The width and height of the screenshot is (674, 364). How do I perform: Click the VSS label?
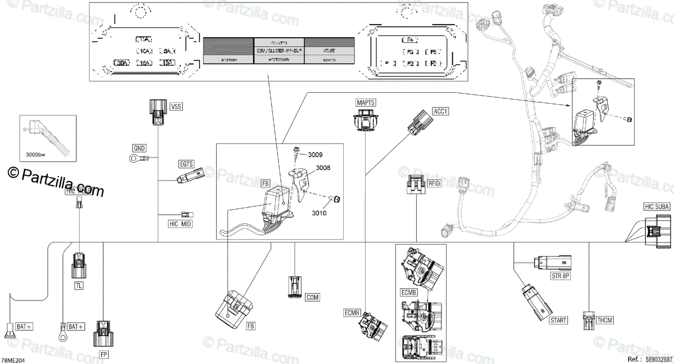coord(176,106)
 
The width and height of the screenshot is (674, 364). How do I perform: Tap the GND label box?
coord(139,149)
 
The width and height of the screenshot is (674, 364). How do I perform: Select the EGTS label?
coord(186,164)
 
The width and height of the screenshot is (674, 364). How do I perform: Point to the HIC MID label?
coord(165,224)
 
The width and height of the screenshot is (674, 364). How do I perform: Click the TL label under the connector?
coord(79,286)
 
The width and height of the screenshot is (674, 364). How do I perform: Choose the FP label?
coord(104,354)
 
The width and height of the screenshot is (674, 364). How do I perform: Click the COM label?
coord(312,297)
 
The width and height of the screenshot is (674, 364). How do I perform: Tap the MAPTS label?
coord(366,102)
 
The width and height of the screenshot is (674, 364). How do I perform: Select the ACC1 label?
coord(441,111)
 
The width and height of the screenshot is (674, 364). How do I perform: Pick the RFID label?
coord(434,183)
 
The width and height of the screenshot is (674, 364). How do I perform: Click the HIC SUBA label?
coord(657,207)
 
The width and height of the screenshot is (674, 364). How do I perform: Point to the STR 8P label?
coord(560,276)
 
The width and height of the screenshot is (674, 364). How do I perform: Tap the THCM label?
coord(605,320)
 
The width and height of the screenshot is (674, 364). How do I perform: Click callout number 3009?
coord(315,154)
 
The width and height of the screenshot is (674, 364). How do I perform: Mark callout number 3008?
coord(322,168)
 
